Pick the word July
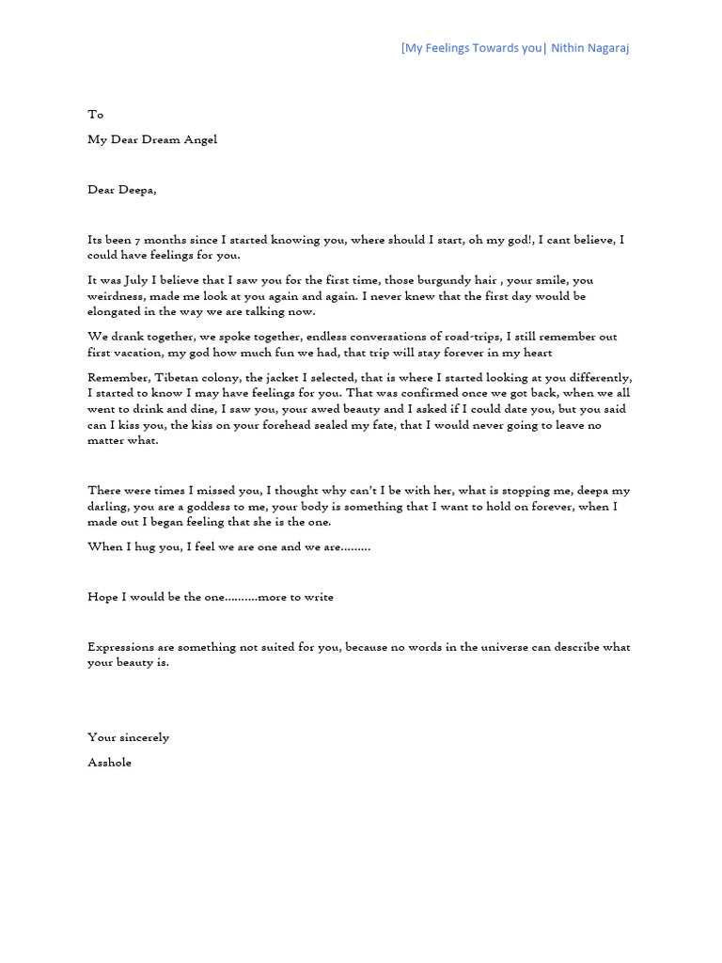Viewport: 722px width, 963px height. pyautogui.click(x=138, y=280)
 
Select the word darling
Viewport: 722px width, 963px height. pyautogui.click(x=109, y=506)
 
